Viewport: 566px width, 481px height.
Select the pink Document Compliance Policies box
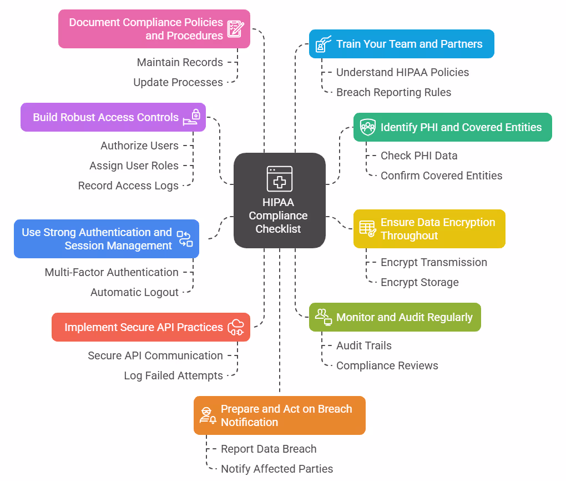point(154,29)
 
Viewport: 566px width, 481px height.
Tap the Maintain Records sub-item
point(180,62)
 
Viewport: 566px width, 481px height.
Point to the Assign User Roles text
point(134,166)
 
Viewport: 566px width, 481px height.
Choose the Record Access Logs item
point(128,186)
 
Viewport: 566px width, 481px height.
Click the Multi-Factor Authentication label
point(112,272)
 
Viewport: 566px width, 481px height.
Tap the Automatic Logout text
point(134,292)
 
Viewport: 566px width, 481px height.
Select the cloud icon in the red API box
point(236,327)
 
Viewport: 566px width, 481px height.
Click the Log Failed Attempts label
point(173,375)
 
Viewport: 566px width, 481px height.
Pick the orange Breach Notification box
point(280,415)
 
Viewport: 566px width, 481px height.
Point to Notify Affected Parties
point(277,469)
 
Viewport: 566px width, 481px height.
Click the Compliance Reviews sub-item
point(387,365)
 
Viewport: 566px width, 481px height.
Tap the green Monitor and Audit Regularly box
point(395,317)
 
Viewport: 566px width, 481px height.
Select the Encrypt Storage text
point(420,282)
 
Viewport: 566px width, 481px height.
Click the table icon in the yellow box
point(367,229)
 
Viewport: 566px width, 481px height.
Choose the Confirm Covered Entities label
point(441,176)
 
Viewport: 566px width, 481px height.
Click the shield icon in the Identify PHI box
point(367,127)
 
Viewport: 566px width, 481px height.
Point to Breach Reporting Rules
point(393,92)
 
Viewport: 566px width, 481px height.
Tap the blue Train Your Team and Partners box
point(401,44)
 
